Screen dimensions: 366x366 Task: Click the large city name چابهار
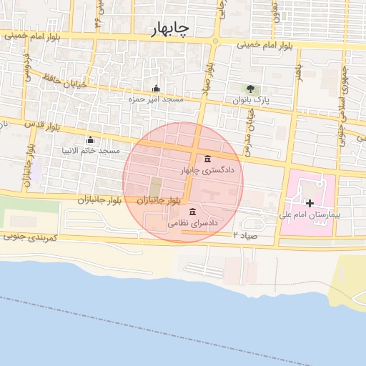(169, 29)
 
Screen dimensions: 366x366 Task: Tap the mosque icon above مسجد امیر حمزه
(156, 89)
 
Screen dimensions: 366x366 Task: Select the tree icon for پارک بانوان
(250, 89)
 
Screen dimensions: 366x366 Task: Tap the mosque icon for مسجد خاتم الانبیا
(90, 140)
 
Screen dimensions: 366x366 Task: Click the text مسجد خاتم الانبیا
(91, 151)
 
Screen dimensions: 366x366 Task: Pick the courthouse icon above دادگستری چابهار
(207, 159)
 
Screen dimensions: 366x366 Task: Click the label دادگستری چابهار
(203, 171)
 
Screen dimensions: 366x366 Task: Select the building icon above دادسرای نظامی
(192, 212)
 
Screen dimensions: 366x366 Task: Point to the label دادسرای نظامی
(188, 223)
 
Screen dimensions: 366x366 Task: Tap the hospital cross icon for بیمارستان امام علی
(310, 204)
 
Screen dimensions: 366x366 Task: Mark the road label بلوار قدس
(41, 128)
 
